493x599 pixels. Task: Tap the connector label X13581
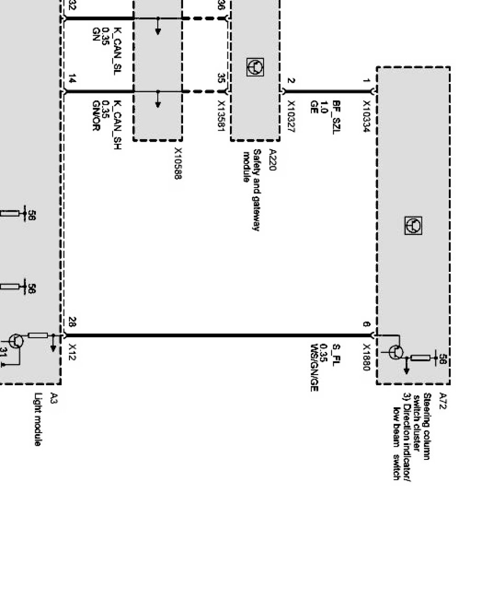[222, 117]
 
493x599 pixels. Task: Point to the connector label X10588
[178, 163]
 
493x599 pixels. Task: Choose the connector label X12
[73, 352]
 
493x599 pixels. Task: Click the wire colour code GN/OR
[96, 115]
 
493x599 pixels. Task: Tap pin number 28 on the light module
[73, 322]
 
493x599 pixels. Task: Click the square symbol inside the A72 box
[413, 226]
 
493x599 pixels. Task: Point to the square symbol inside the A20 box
[256, 67]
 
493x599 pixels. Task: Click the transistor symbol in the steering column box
[396, 352]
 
